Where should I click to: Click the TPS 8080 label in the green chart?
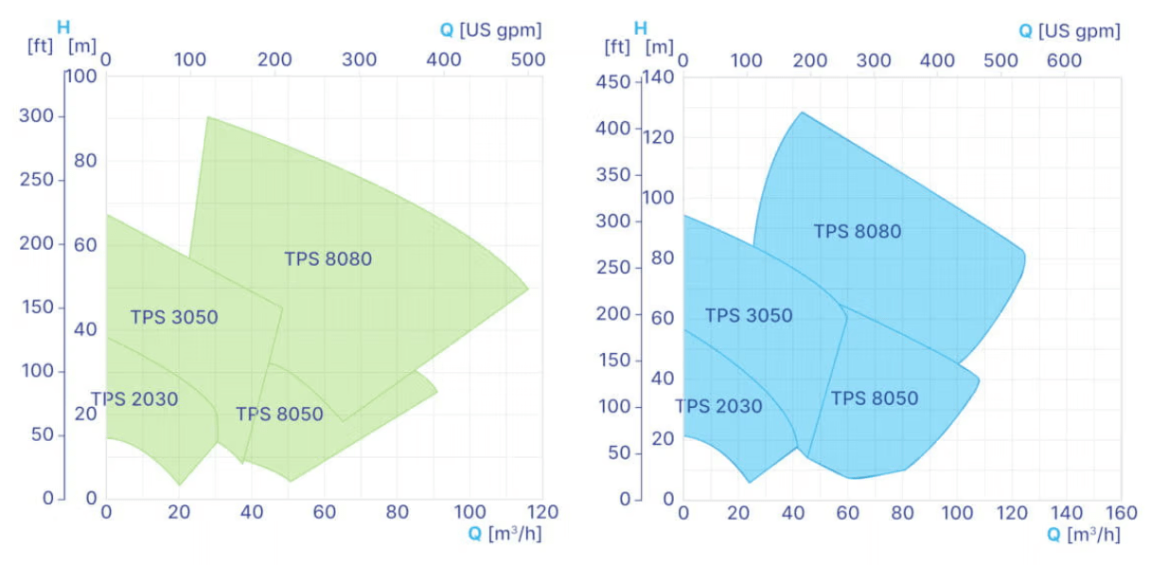click(x=328, y=258)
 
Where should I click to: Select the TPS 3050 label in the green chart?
click(x=174, y=317)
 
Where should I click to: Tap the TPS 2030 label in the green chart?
click(x=134, y=399)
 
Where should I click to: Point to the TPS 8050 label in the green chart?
click(x=279, y=415)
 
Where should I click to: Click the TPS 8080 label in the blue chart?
click(x=858, y=231)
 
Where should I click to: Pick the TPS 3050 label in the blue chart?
click(x=749, y=316)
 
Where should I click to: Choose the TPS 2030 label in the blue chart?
click(x=718, y=407)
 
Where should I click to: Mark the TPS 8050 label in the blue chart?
click(x=875, y=398)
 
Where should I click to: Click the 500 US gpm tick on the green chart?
click(x=527, y=59)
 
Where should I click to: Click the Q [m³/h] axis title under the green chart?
click(x=504, y=534)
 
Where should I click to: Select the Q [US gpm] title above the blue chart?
click(x=1070, y=31)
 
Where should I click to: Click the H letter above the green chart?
click(x=63, y=27)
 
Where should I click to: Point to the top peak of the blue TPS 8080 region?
click(x=802, y=113)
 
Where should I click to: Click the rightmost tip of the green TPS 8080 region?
click(x=528, y=288)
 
